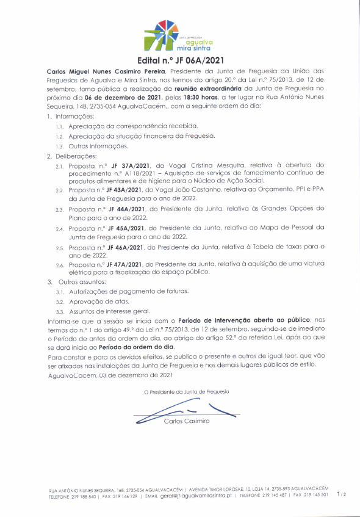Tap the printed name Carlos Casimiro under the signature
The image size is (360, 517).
click(186, 421)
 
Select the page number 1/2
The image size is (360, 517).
click(341, 496)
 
